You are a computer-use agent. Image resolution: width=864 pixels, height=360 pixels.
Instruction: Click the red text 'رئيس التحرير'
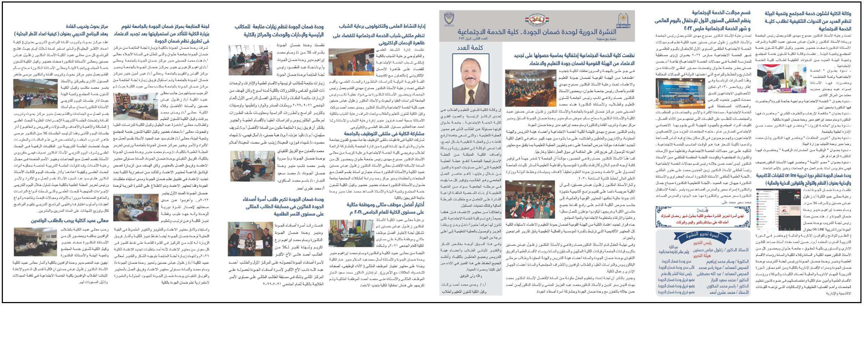point(702,243)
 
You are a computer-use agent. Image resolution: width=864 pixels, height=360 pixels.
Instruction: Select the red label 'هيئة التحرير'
point(702,256)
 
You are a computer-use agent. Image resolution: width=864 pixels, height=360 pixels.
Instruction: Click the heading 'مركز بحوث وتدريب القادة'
point(87,27)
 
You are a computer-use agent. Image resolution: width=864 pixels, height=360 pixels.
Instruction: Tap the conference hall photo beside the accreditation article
point(530,88)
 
